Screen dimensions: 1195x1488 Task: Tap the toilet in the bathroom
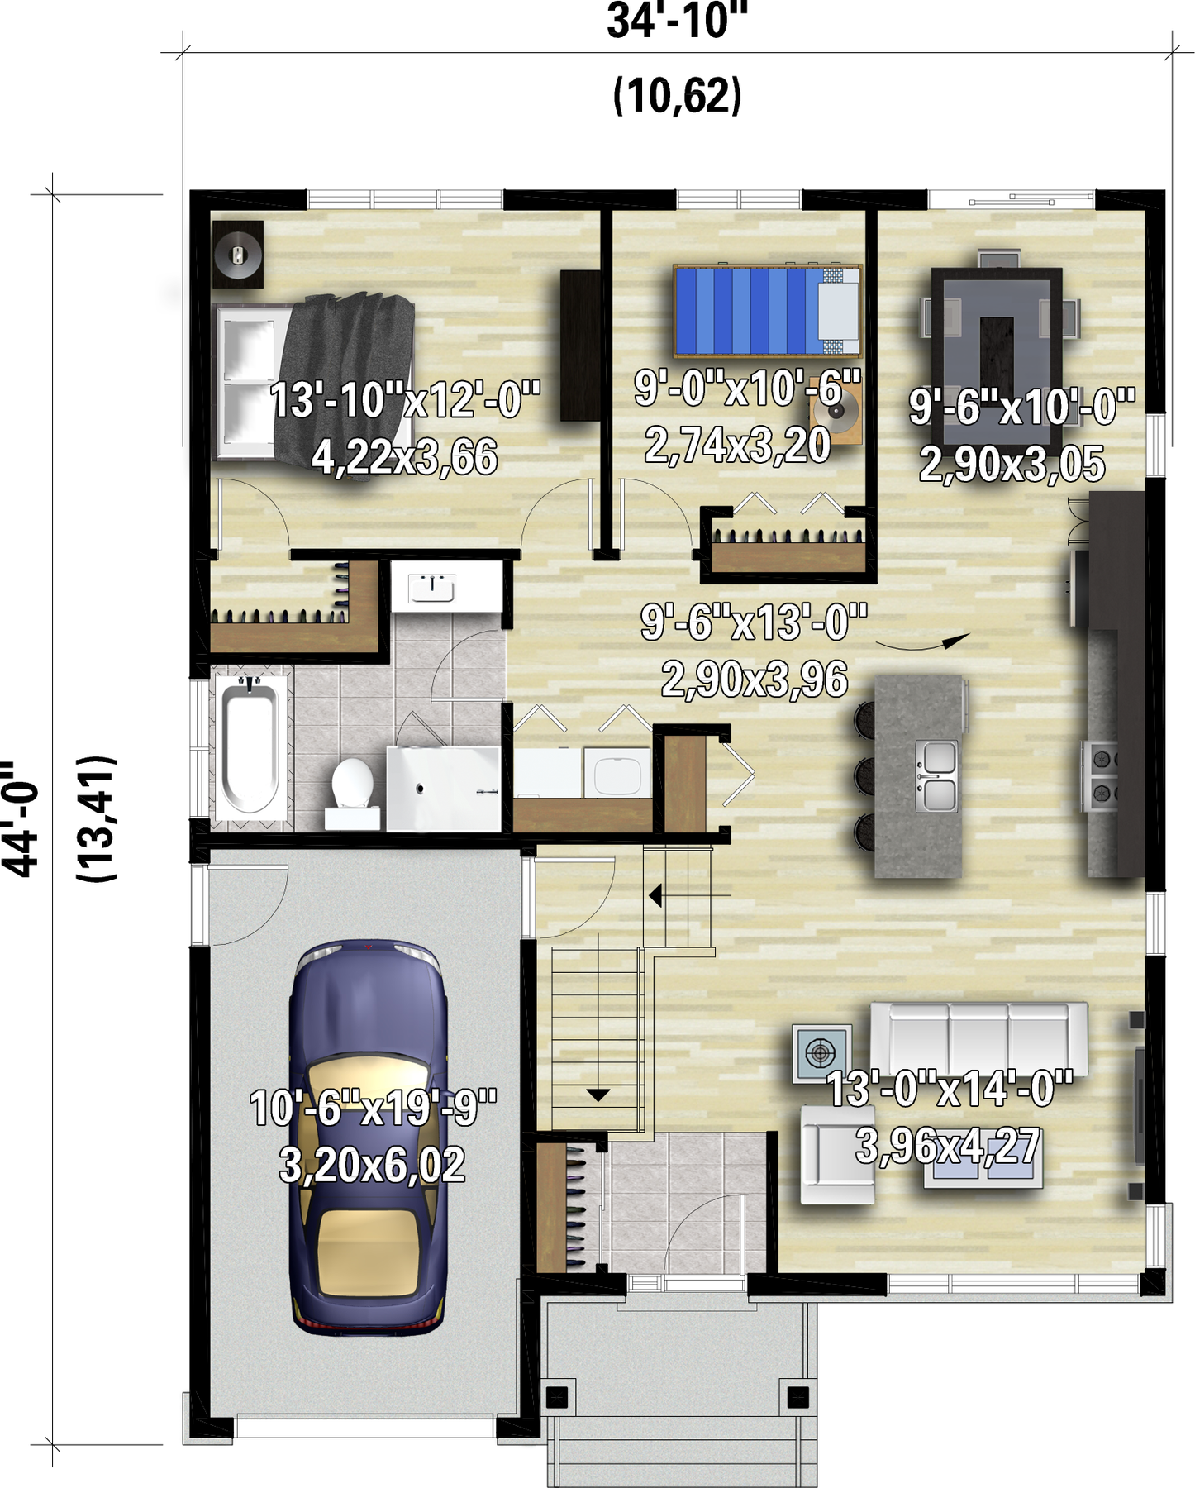(x=352, y=792)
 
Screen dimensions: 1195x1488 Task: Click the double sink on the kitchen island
(x=936, y=775)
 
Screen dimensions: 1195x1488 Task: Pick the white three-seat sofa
(x=978, y=1038)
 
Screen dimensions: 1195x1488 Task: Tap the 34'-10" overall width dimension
(x=677, y=21)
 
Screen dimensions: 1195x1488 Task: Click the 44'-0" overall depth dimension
(x=21, y=818)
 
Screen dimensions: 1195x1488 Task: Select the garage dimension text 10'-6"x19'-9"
(x=373, y=1108)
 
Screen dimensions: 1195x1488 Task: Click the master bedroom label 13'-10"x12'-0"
(x=405, y=400)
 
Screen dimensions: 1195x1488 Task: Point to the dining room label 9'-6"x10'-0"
(x=1022, y=407)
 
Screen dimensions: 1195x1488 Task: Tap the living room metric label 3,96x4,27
(x=948, y=1146)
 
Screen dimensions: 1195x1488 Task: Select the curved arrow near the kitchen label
(x=922, y=641)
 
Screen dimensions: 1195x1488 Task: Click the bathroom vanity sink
(x=432, y=588)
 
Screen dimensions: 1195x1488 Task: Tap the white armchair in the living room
(x=837, y=1155)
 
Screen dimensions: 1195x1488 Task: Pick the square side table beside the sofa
(x=821, y=1053)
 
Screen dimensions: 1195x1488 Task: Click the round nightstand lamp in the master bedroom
(x=238, y=254)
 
